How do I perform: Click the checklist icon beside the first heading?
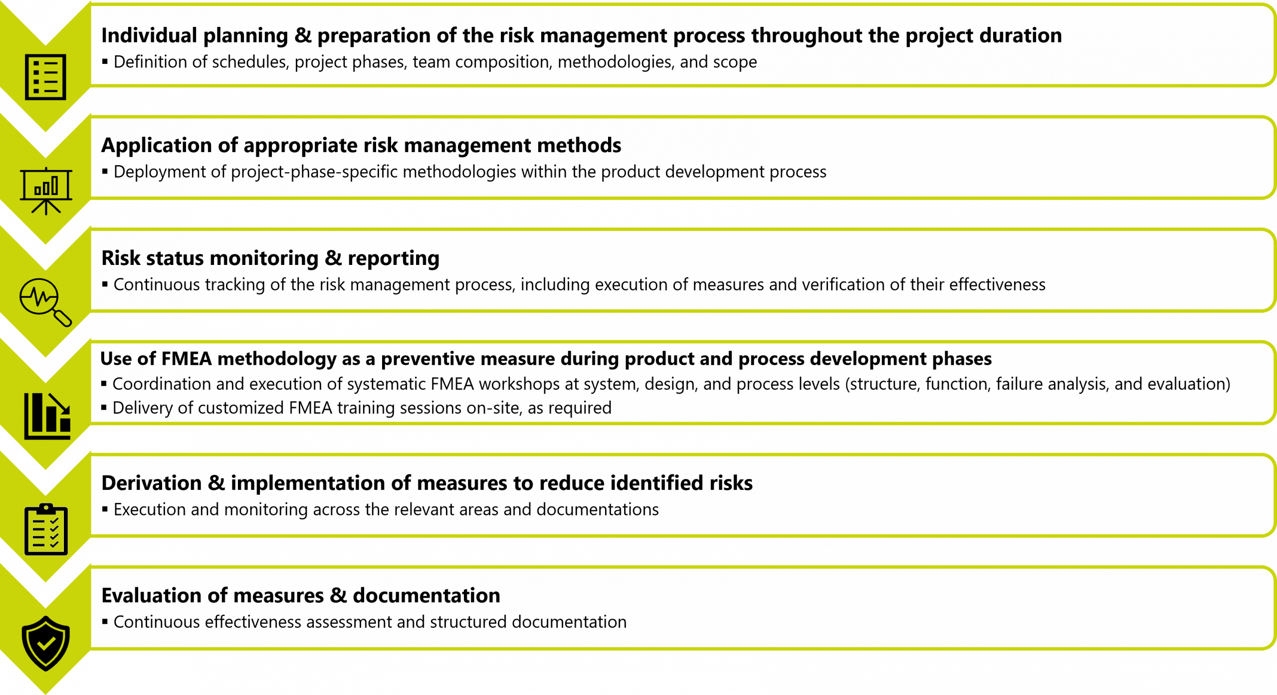pos(45,77)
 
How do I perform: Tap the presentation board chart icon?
pos(46,190)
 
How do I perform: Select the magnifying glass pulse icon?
pos(45,301)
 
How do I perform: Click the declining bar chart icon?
pos(47,416)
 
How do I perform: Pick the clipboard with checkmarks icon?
pos(46,529)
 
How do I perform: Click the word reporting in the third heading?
pos(394,258)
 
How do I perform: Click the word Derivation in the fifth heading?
pos(151,483)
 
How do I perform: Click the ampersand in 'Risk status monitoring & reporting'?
pos(333,258)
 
